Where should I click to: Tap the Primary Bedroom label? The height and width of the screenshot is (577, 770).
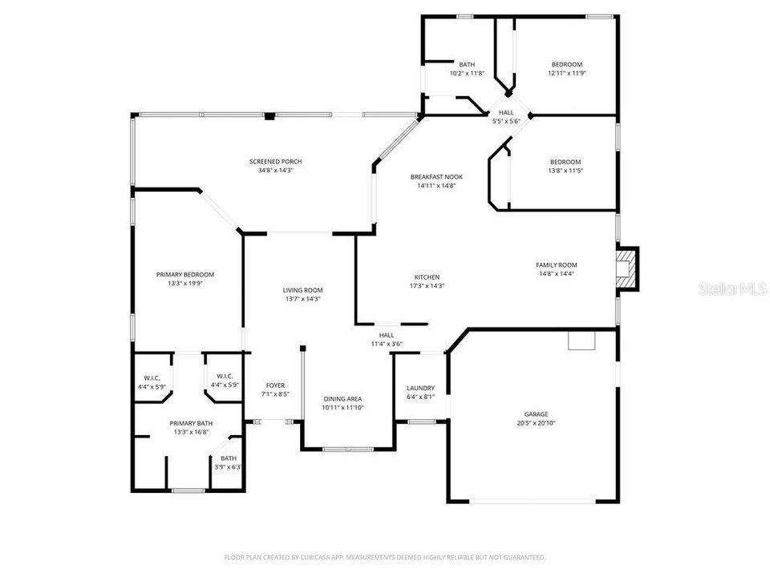point(184,274)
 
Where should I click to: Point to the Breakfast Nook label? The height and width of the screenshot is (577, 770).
point(436,176)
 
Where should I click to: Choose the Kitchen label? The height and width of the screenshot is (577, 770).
point(426,276)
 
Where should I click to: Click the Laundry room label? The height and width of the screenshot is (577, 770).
point(420,387)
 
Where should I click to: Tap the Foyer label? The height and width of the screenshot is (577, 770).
point(275,385)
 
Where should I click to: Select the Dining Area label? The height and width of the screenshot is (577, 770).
point(342,398)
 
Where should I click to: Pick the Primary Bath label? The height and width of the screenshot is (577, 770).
point(191,423)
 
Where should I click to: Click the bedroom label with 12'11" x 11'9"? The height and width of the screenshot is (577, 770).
point(566,64)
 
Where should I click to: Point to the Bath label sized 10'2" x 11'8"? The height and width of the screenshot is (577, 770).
point(467,64)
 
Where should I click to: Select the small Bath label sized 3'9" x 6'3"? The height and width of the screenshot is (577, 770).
point(229,458)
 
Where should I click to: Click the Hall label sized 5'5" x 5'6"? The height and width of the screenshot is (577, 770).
point(506,112)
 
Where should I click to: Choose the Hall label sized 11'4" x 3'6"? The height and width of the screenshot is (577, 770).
point(387,335)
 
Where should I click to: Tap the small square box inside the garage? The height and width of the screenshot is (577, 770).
point(582,341)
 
